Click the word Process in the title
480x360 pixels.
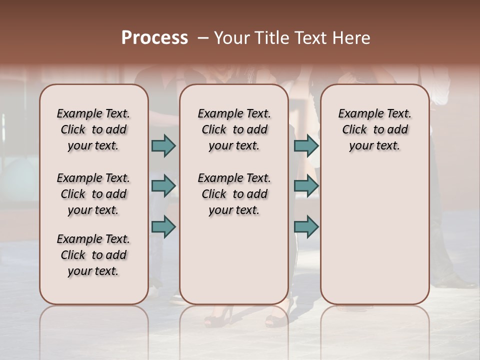(154, 38)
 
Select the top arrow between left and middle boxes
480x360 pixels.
(163, 146)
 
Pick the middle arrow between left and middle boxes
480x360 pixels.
(163, 186)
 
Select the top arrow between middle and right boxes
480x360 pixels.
(306, 146)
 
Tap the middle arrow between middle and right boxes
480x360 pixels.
(306, 186)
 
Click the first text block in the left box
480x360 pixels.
(93, 129)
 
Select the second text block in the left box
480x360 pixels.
(93, 194)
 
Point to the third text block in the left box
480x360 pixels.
(93, 255)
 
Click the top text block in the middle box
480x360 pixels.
(234, 129)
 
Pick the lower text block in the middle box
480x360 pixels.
(234, 194)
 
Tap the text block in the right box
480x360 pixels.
(374, 129)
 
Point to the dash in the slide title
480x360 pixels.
(202, 38)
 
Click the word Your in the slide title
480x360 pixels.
(230, 38)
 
